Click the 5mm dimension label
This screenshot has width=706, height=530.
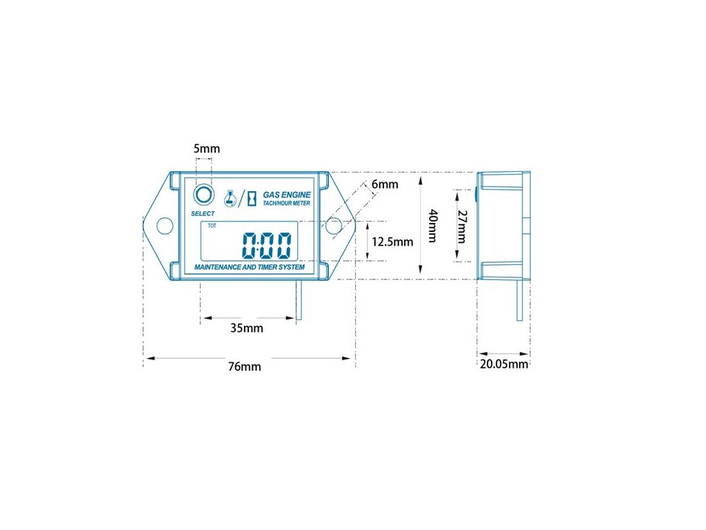point(207,149)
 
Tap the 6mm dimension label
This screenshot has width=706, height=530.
point(385,184)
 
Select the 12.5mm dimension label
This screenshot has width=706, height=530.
point(392,242)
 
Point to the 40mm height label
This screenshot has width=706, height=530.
point(432,226)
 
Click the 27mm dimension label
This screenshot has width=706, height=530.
point(462,226)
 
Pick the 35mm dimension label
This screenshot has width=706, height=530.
point(247,328)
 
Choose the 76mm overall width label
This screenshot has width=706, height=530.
point(245,366)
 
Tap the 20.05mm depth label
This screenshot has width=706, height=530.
point(504,364)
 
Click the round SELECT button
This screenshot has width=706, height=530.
point(203,195)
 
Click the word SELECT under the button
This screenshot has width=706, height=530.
point(203,214)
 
